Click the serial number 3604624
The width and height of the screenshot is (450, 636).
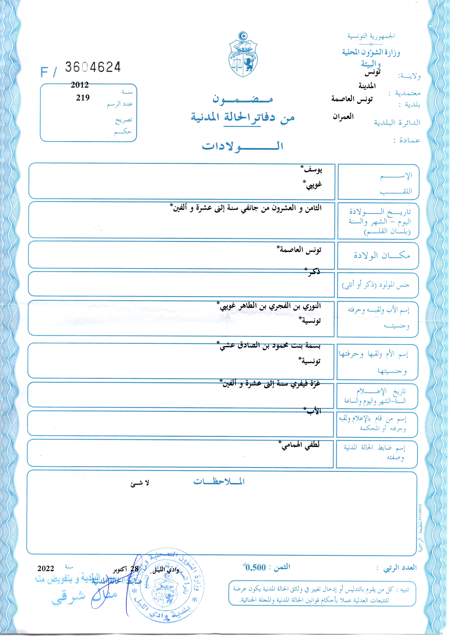pyautogui.click(x=93, y=67)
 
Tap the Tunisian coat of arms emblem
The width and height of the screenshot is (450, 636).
pyautogui.click(x=243, y=55)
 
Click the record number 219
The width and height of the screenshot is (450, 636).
pyautogui.click(x=83, y=98)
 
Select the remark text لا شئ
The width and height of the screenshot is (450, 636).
pyautogui.click(x=140, y=483)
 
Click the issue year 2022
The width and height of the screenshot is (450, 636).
pyautogui.click(x=46, y=569)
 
